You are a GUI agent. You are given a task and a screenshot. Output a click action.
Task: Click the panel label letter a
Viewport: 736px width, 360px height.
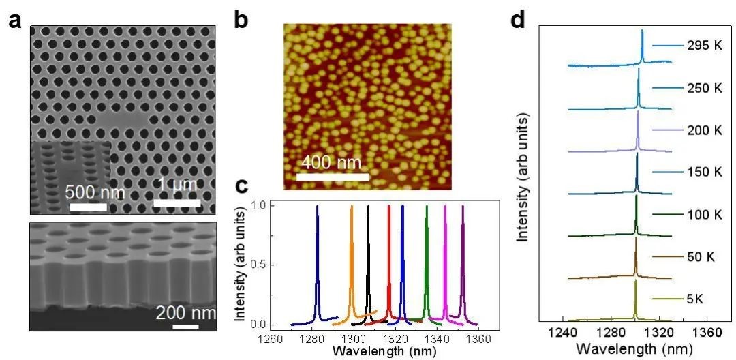pyautogui.click(x=15, y=20)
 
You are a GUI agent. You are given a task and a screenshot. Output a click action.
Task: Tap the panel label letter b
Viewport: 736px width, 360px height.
pyautogui.click(x=241, y=19)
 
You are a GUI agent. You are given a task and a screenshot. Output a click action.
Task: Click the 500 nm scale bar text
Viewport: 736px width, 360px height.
pyautogui.click(x=95, y=192)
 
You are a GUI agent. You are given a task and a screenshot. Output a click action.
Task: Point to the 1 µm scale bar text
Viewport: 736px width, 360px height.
pyautogui.click(x=177, y=185)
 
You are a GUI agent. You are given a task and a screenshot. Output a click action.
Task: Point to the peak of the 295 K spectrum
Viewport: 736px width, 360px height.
pyautogui.click(x=642, y=31)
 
